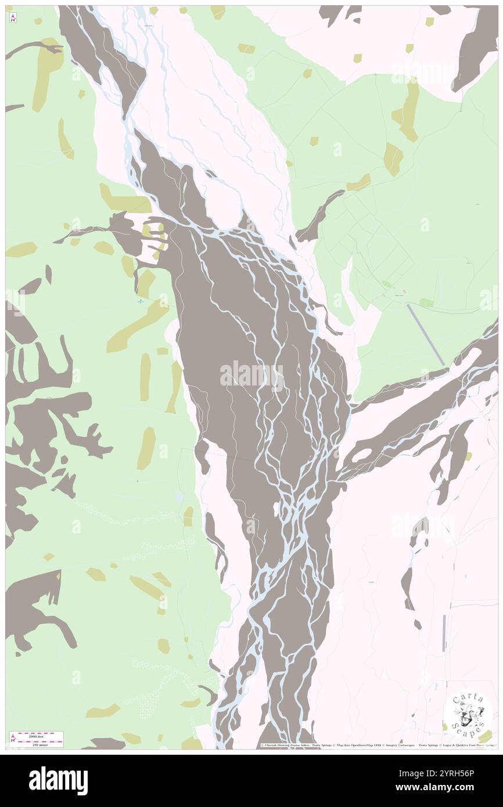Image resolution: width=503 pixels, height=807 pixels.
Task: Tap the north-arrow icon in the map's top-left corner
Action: (x=12, y=17)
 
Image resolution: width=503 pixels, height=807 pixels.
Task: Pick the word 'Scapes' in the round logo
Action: (x=472, y=723)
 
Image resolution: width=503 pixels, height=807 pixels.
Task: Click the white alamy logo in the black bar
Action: (x=58, y=780)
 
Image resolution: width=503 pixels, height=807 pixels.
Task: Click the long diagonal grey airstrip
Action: (x=426, y=335)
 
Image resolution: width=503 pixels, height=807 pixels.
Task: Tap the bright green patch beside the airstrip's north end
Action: (x=426, y=302)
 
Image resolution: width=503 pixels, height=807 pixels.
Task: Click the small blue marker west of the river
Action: (x=141, y=301)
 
